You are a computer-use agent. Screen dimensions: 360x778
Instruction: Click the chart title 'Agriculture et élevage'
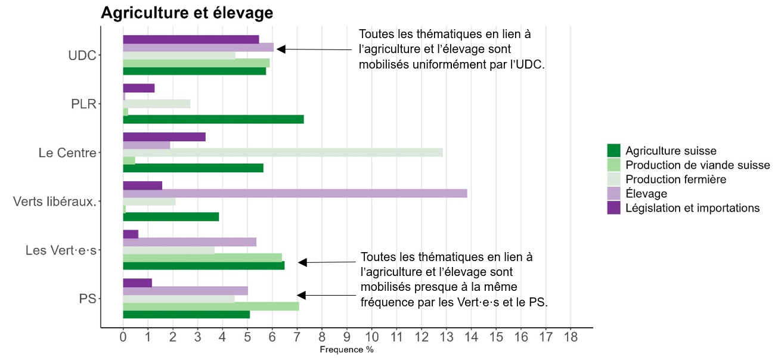tap(187, 13)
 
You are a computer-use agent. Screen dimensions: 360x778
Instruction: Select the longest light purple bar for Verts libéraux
tap(295, 193)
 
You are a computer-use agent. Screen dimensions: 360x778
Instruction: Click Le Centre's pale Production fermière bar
tap(283, 152)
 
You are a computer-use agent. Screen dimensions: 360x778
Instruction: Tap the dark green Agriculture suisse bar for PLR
tap(213, 119)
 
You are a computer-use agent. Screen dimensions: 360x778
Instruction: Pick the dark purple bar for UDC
tap(191, 39)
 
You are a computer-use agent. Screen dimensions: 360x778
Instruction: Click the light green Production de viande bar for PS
tap(210, 306)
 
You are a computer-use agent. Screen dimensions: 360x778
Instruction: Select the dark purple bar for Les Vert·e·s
tap(131, 234)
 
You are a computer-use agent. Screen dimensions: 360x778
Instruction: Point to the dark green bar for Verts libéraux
tap(171, 217)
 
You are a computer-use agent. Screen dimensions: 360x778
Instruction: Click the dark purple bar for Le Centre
tap(164, 136)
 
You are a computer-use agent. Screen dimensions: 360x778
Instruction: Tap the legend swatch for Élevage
tap(614, 194)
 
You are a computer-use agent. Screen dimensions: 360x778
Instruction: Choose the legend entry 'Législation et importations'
tap(693, 208)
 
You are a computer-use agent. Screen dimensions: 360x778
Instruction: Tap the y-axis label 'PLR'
tap(83, 104)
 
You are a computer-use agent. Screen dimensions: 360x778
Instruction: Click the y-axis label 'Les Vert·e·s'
tap(61, 250)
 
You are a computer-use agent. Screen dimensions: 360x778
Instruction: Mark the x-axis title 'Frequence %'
tap(346, 350)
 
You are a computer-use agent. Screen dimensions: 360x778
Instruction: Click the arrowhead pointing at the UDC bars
tap(281, 49)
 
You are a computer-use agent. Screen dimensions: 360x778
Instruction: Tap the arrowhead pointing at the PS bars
tap(301, 295)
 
